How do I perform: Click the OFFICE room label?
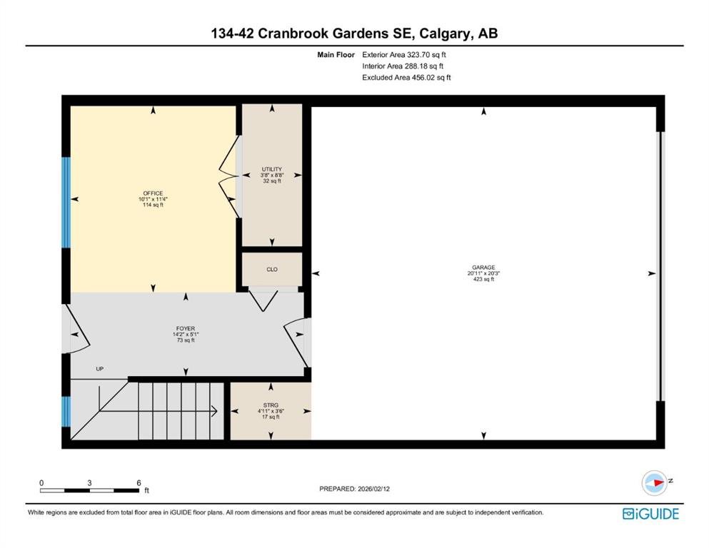click(x=153, y=193)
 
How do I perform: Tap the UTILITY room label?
click(x=272, y=169)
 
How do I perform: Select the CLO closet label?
click(x=272, y=269)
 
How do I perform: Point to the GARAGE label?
click(x=483, y=268)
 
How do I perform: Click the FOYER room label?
click(x=186, y=328)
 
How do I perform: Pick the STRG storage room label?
click(x=271, y=405)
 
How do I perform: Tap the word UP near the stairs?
click(x=100, y=369)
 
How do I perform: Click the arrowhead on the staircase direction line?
click(x=214, y=411)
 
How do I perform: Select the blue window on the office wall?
click(x=66, y=203)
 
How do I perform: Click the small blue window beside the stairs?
click(x=66, y=412)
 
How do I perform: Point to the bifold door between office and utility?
click(x=230, y=176)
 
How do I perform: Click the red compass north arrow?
click(x=658, y=482)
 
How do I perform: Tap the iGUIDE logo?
click(x=650, y=514)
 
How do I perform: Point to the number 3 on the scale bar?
click(x=89, y=483)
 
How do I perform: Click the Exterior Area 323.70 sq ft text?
click(x=404, y=55)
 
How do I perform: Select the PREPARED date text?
click(x=354, y=489)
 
